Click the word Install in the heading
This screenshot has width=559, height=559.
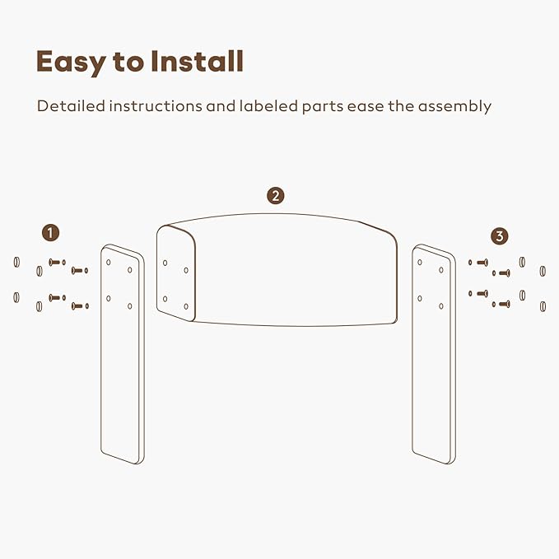197,61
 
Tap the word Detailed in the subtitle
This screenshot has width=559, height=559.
71,106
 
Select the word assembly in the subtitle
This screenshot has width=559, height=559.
454,107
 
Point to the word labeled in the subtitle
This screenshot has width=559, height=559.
268,106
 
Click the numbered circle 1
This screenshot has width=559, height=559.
50,233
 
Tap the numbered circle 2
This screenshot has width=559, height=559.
276,196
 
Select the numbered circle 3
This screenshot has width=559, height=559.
499,236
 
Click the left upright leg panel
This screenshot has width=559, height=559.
123,354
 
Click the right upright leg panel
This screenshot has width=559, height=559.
434,354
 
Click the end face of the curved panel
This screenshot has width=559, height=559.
175,273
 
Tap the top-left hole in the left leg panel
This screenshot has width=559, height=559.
109,263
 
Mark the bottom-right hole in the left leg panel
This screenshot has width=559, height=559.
130,306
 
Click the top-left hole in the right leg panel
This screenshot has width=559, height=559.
420,263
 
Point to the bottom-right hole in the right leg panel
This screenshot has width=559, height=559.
441,306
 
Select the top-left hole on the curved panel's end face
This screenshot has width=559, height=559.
165,263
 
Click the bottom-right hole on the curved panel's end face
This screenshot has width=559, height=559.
186,306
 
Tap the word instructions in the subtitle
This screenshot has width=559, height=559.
156,106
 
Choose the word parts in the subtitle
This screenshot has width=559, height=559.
323,108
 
